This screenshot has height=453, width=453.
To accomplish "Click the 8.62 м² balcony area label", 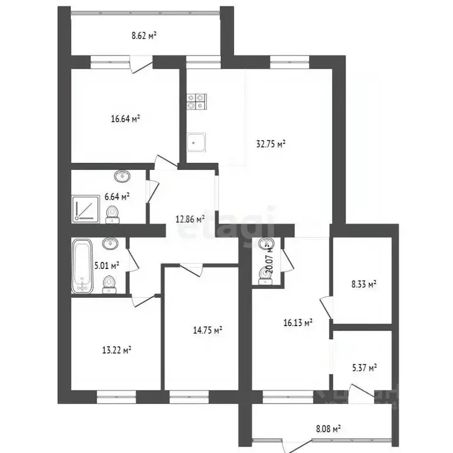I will [144, 35].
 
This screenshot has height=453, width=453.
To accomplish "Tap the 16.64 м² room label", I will [125, 119].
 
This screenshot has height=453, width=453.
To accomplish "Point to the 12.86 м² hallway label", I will [191, 218].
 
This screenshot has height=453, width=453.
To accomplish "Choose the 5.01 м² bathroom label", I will [107, 265].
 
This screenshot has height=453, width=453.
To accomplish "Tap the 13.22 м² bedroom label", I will [116, 349].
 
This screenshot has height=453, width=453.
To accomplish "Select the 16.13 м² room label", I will [298, 322].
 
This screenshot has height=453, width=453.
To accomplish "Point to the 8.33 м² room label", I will [363, 284].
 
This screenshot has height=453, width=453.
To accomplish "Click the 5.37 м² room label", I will [363, 367].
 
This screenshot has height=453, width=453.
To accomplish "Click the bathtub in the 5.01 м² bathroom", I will [81, 265].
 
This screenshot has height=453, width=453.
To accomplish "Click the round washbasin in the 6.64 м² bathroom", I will [122, 175].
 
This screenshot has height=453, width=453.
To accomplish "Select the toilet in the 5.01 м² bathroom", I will [109, 284].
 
